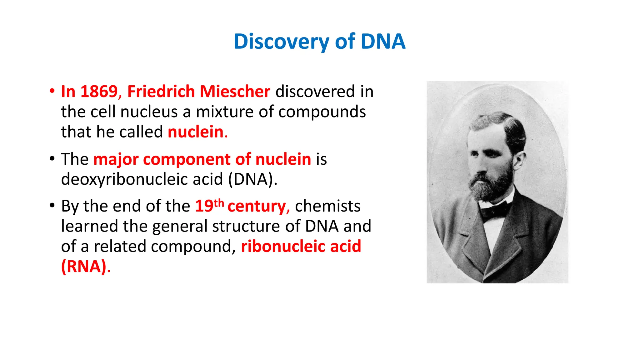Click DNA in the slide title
coord(383,42)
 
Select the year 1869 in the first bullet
coord(99,92)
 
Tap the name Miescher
coord(235,92)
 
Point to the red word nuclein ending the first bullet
coord(196,132)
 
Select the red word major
coord(116,159)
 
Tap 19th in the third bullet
coord(209,206)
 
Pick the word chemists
coord(327,206)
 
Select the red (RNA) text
coord(84,267)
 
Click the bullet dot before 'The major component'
coord(52,158)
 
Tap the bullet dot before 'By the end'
coord(52,205)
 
